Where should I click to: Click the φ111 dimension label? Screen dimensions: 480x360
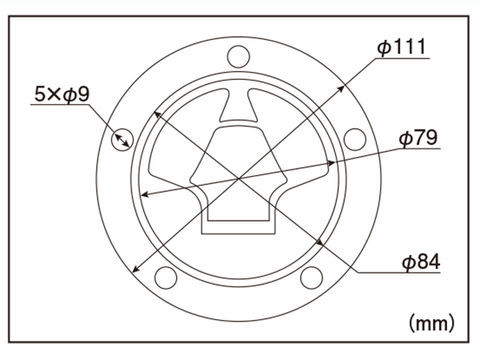coord(402,47)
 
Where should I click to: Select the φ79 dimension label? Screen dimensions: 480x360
coord(418,137)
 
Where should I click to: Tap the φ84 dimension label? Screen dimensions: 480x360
coord(421,261)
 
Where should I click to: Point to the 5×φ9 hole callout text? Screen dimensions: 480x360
coord(62,94)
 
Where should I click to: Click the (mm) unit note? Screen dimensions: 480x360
coord(432,323)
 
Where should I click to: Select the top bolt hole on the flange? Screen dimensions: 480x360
coord(239,56)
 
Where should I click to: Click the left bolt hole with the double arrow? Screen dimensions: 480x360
coord(122,139)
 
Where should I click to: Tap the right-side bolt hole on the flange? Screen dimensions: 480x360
coord(355,139)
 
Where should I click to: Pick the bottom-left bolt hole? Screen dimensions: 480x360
coord(166,278)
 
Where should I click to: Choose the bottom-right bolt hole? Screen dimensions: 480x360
coord(311,278)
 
